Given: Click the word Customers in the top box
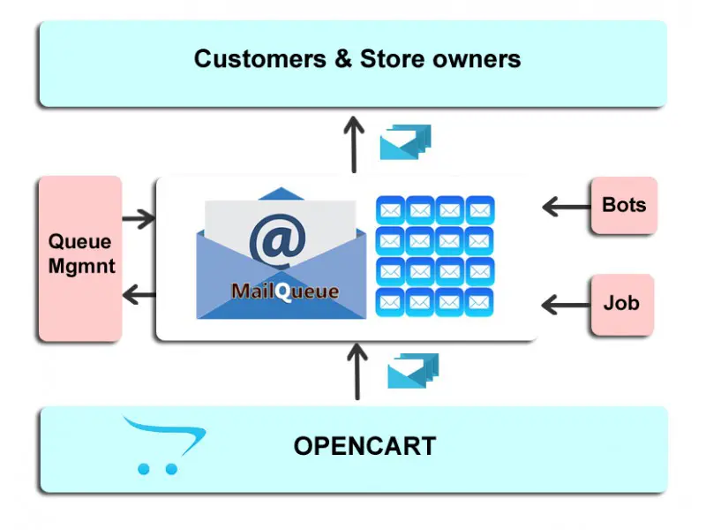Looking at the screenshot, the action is tap(259, 59).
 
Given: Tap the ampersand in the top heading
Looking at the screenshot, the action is tap(342, 59).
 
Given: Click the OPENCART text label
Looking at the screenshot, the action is tap(364, 446).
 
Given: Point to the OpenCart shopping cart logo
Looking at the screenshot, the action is tap(164, 445).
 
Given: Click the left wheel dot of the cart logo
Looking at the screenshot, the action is tap(144, 469).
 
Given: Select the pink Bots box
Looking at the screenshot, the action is tap(624, 206).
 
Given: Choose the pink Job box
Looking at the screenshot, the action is tap(622, 304).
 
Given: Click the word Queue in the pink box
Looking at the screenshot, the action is tap(79, 242).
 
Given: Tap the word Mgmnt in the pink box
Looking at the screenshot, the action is tap(81, 266).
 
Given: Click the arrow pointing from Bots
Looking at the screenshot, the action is tap(567, 207).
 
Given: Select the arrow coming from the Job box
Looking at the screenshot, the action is tap(566, 305).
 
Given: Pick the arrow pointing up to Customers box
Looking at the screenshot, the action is tap(354, 144).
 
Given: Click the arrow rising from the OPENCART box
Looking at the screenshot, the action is tap(357, 371).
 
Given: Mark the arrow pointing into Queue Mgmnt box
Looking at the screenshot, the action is tap(139, 219).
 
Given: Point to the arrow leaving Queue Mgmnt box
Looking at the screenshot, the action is tap(139, 295).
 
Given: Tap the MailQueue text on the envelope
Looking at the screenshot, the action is tap(285, 291).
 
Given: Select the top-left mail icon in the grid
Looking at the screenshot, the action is tap(390, 210).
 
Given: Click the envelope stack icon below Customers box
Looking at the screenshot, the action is tap(405, 142).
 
